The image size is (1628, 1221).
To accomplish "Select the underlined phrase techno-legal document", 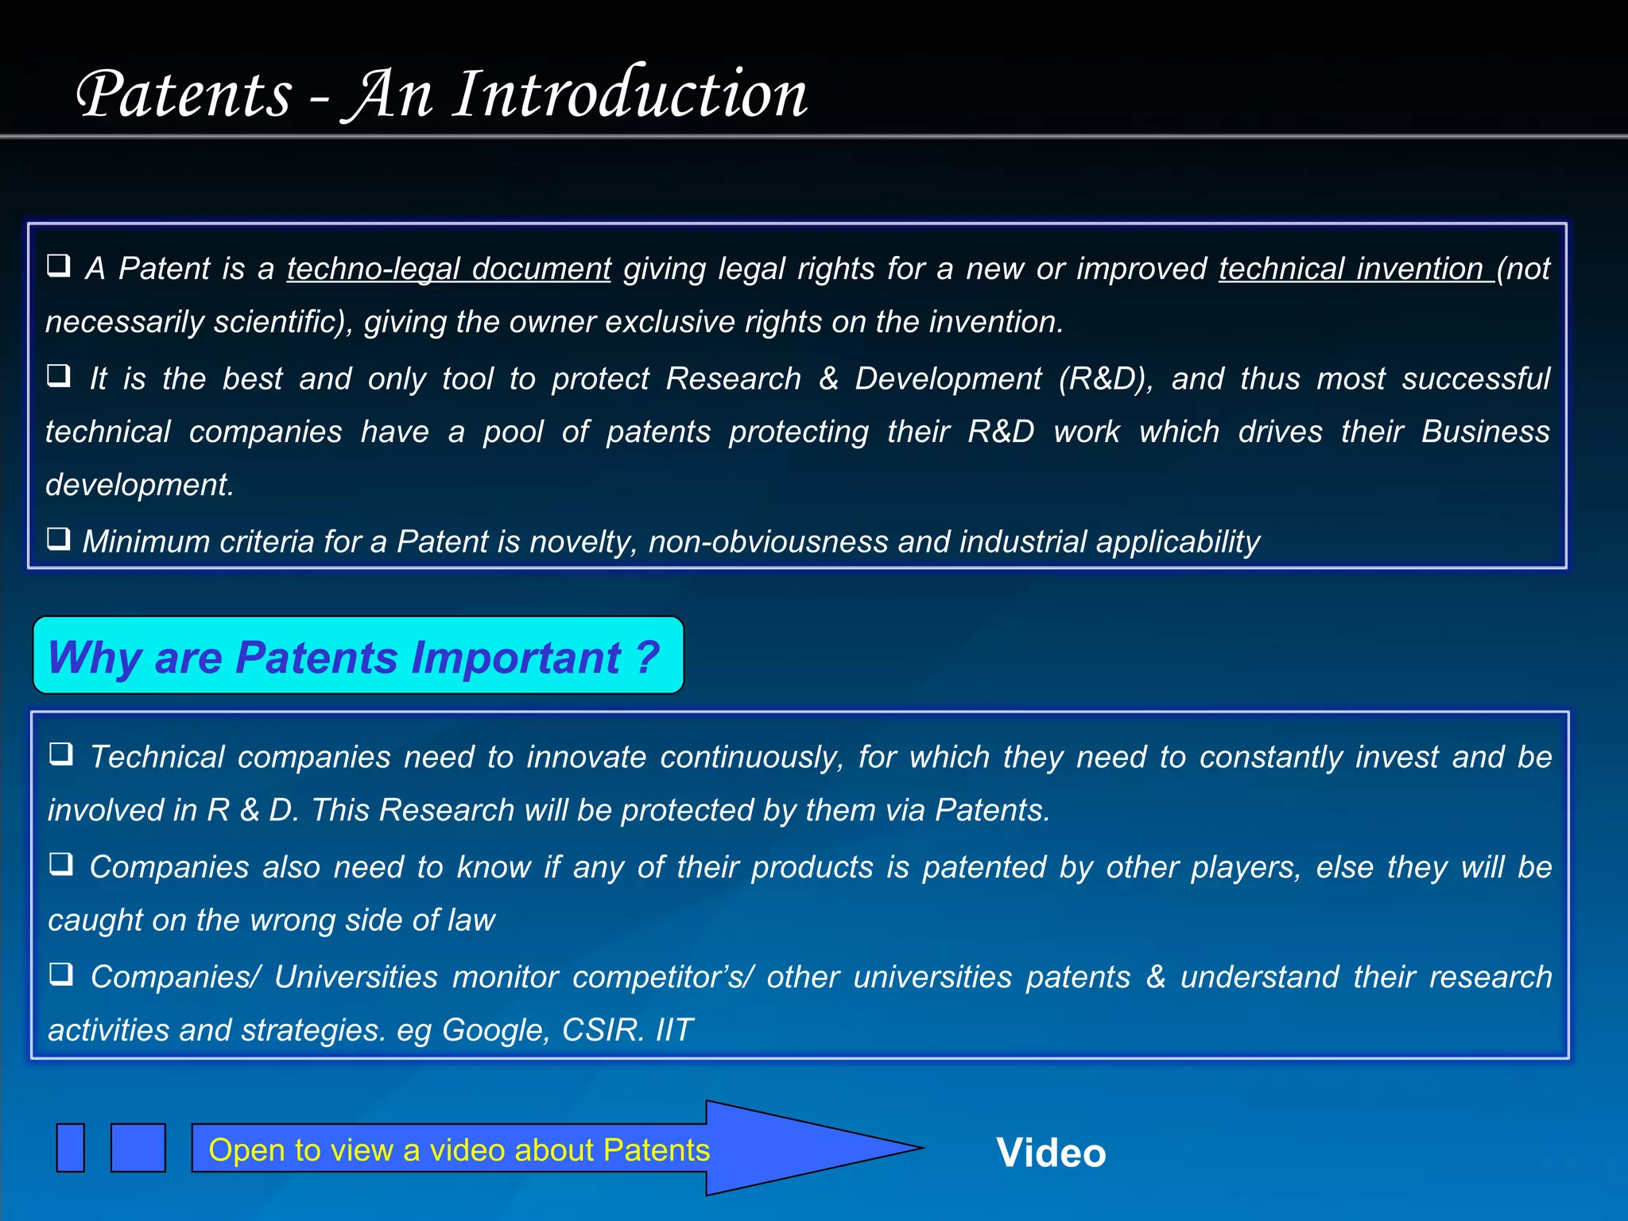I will (x=448, y=269).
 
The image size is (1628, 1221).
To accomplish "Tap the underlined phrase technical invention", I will (x=1351, y=269).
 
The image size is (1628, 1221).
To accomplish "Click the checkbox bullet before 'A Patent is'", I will (x=59, y=265).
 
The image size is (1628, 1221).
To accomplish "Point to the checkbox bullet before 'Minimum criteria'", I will (x=59, y=538).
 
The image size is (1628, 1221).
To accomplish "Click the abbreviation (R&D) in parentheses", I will (x=1105, y=378).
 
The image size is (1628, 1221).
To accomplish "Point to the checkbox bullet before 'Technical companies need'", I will (x=61, y=753).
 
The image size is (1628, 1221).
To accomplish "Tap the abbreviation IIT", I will (x=674, y=1030).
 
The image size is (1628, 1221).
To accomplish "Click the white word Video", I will (x=1051, y=1153).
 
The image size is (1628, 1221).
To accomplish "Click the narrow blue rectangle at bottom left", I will (x=71, y=1148).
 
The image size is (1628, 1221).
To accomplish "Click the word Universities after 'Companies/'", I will (x=355, y=977).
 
